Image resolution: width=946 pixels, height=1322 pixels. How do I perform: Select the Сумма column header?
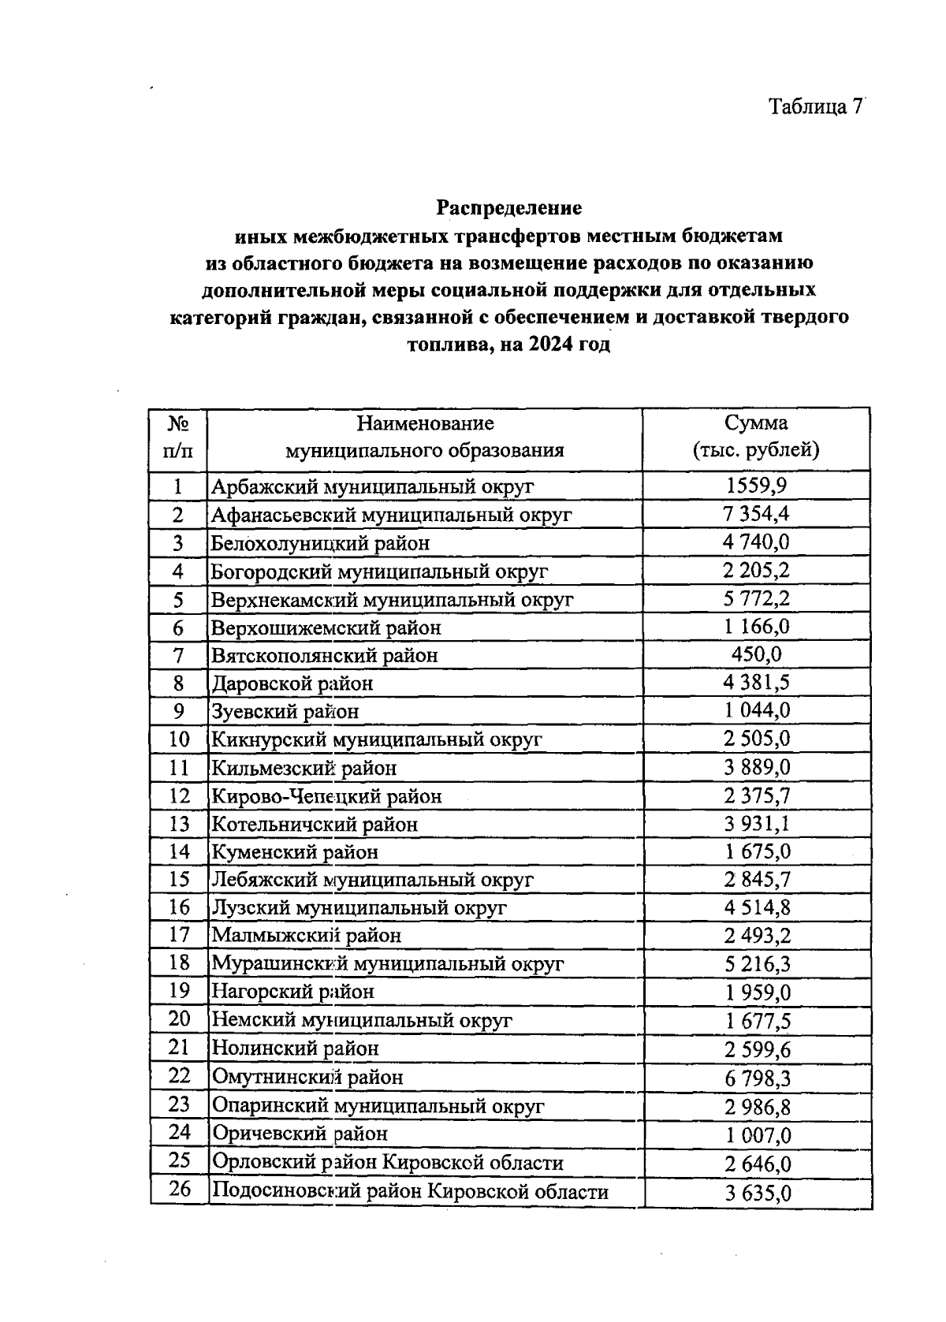click(756, 437)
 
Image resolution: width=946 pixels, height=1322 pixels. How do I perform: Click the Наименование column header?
click(425, 437)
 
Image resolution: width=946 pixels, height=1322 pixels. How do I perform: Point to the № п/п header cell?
click(178, 437)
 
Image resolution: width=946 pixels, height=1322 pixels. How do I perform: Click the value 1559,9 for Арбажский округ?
click(756, 486)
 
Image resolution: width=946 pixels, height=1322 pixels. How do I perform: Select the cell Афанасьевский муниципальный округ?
click(391, 515)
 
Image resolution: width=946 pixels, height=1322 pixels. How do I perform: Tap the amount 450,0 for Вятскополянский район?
click(756, 655)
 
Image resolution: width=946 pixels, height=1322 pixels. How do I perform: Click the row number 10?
click(179, 739)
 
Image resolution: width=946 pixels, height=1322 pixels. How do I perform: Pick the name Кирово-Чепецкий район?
click(337, 796)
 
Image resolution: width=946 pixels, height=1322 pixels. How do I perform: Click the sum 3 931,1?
click(757, 824)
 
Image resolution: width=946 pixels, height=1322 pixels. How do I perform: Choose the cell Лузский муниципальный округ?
click(359, 907)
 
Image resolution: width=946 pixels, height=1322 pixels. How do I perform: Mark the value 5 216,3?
click(757, 964)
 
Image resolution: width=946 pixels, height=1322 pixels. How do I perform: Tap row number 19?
click(180, 991)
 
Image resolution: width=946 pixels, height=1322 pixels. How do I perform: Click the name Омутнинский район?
click(307, 1077)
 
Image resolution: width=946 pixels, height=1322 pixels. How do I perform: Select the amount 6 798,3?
click(758, 1078)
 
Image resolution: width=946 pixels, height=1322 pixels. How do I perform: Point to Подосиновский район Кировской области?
click(409, 1191)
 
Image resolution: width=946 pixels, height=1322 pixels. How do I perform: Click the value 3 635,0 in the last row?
click(758, 1193)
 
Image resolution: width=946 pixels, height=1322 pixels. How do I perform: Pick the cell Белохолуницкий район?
click(320, 543)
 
